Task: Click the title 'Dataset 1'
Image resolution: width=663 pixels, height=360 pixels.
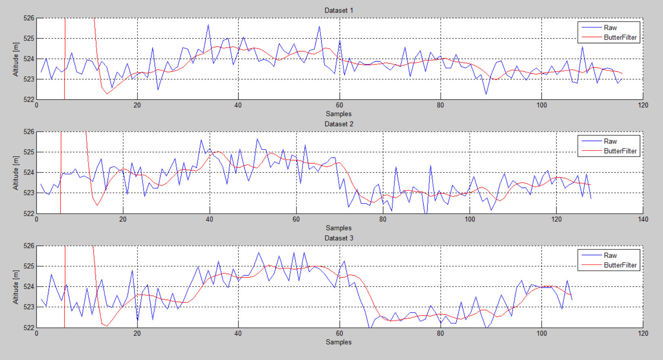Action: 338,10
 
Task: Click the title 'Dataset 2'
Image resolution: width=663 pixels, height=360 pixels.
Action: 338,124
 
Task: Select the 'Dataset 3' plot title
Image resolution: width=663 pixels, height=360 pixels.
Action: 338,238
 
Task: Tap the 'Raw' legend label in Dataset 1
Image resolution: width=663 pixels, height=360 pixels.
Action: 610,28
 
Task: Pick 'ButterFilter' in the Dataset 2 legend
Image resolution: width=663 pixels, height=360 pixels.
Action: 620,151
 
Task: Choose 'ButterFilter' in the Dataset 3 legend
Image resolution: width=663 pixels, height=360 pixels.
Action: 620,265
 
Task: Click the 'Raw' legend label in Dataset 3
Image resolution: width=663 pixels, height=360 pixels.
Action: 610,255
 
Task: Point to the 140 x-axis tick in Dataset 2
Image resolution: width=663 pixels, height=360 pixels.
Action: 643,219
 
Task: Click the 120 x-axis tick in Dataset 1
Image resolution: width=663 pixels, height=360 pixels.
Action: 643,105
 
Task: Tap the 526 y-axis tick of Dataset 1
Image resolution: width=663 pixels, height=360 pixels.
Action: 29,18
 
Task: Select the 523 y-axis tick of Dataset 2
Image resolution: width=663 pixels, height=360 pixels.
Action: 29,193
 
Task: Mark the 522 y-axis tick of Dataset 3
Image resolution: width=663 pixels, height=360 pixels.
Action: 29,327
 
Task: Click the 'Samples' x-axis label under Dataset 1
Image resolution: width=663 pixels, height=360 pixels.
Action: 338,114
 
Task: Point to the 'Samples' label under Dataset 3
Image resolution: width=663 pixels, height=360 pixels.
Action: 338,342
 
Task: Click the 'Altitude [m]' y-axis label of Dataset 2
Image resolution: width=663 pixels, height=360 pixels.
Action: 16,173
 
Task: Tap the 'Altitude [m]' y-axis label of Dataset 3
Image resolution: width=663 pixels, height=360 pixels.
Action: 16,287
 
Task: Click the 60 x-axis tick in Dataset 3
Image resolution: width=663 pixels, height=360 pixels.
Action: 339,333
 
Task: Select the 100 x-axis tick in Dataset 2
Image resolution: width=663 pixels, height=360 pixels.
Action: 470,219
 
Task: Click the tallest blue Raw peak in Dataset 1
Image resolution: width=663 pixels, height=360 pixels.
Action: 208,25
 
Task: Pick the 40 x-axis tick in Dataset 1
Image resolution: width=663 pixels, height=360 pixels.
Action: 238,105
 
